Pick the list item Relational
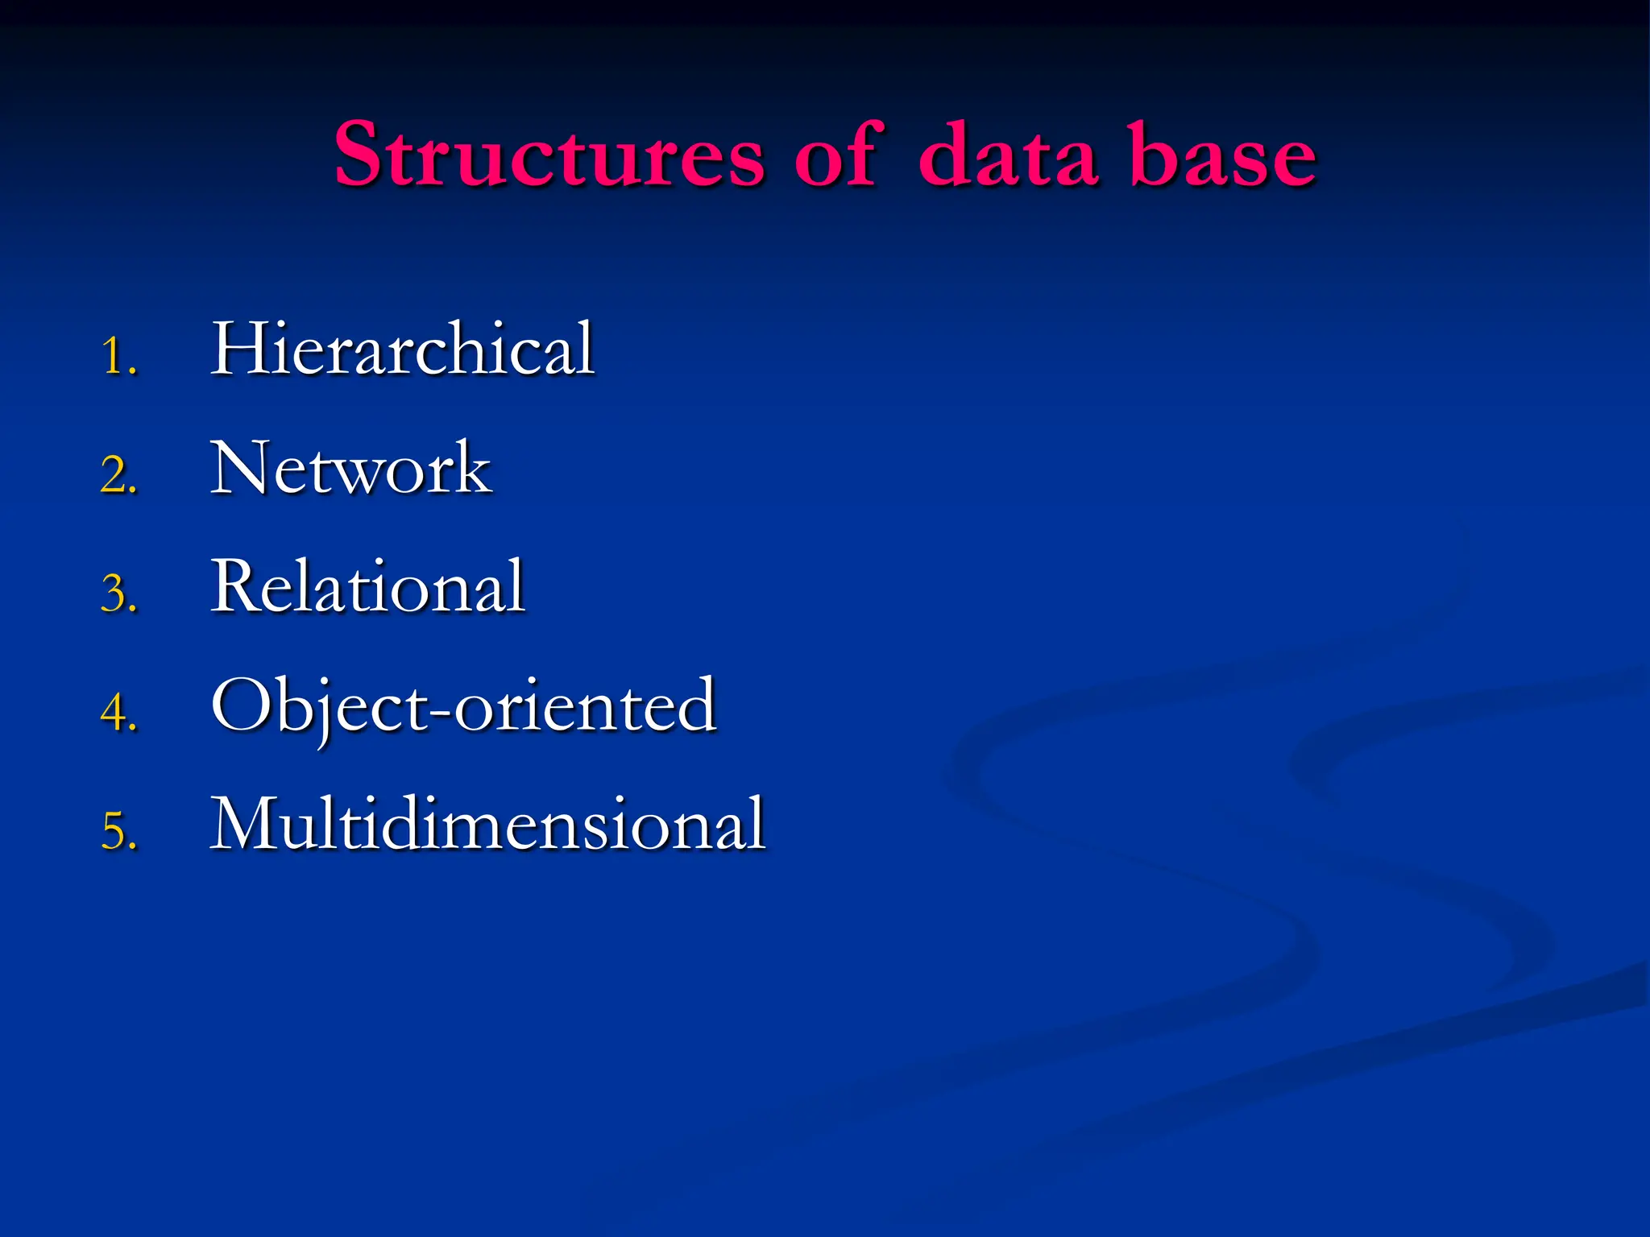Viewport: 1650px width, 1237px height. (x=367, y=587)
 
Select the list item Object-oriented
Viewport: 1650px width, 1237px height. (x=463, y=706)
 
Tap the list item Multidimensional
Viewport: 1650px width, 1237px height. (x=487, y=824)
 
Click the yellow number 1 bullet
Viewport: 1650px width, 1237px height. (x=118, y=356)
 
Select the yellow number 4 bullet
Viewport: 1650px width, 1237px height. (x=118, y=713)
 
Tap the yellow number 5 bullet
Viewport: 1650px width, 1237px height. (x=118, y=831)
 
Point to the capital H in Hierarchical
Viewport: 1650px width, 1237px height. (x=239, y=348)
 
